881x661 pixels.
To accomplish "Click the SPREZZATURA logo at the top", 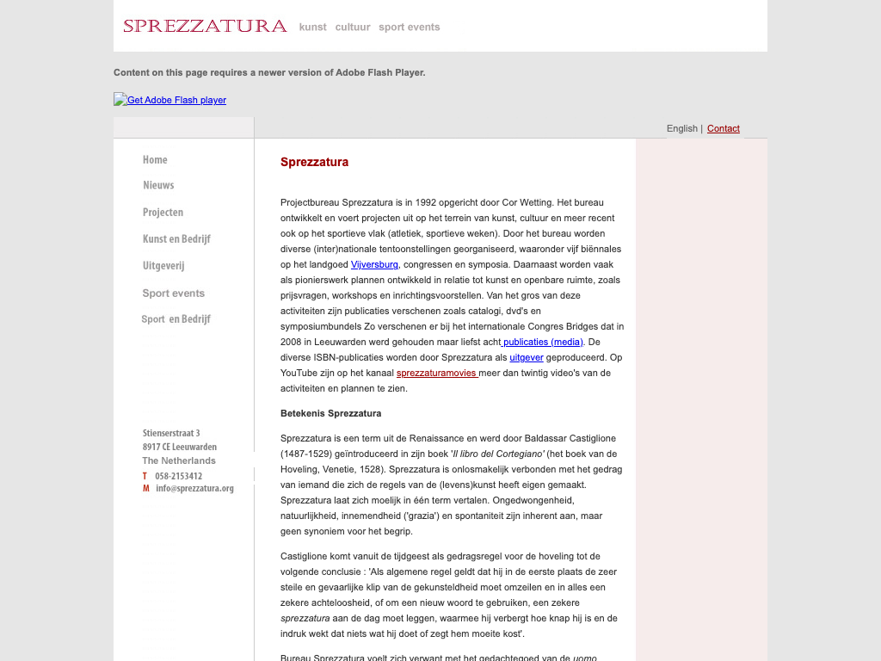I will tap(205, 26).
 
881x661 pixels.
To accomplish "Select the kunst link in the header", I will tap(312, 27).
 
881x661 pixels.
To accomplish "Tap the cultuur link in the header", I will tap(353, 27).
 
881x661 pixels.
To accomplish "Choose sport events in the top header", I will tap(409, 27).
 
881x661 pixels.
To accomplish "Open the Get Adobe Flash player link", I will tap(176, 100).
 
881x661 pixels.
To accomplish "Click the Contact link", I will tap(723, 128).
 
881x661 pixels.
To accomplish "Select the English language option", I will tap(681, 128).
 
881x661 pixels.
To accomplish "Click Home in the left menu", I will tap(155, 160).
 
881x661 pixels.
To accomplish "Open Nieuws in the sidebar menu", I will tap(158, 185).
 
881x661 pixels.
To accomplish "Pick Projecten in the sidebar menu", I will tap(163, 213).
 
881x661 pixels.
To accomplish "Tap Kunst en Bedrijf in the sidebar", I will tap(176, 239).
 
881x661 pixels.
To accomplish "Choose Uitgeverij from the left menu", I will tap(163, 266).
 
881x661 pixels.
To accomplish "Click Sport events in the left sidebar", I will tap(173, 293).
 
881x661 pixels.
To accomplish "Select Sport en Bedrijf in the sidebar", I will tap(176, 319).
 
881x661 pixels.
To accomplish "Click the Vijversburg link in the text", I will tap(374, 264).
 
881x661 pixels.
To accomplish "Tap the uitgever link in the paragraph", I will tap(526, 357).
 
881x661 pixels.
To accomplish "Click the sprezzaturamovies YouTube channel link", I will tap(436, 373).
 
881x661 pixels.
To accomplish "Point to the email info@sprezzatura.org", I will tap(194, 488).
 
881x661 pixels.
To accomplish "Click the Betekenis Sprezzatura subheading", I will tap(330, 413).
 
